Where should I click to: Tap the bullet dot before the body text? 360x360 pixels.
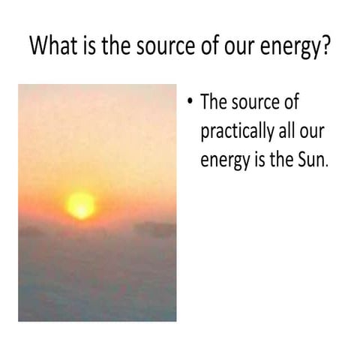point(190,102)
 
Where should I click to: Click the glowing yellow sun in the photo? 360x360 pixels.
point(80,204)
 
